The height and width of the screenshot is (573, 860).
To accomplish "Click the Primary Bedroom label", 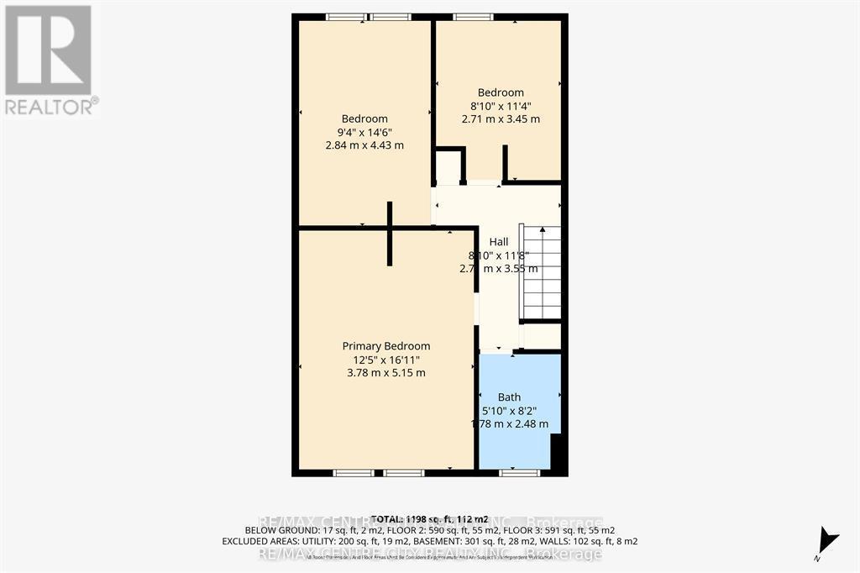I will [385, 346].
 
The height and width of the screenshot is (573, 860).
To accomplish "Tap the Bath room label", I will [509, 397].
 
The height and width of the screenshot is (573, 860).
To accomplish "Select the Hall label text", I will [499, 242].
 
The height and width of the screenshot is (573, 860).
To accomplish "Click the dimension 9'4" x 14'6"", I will [364, 132].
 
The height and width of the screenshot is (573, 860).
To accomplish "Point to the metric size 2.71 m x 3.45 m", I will [501, 119].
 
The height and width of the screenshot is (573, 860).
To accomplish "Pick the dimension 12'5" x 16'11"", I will [385, 360].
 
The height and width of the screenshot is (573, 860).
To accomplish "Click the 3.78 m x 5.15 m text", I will [385, 373].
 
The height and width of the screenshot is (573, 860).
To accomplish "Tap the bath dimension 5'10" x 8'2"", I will [509, 411].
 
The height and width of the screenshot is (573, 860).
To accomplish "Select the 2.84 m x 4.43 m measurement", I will [364, 145].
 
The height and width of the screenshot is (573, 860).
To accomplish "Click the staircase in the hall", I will [541, 272].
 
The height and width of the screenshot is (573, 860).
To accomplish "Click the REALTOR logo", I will [50, 59].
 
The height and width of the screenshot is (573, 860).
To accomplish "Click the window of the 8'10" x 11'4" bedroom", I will [474, 17].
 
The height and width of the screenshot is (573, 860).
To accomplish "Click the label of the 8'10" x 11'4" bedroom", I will [501, 92].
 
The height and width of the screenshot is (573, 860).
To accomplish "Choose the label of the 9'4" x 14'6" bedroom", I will [364, 118].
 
